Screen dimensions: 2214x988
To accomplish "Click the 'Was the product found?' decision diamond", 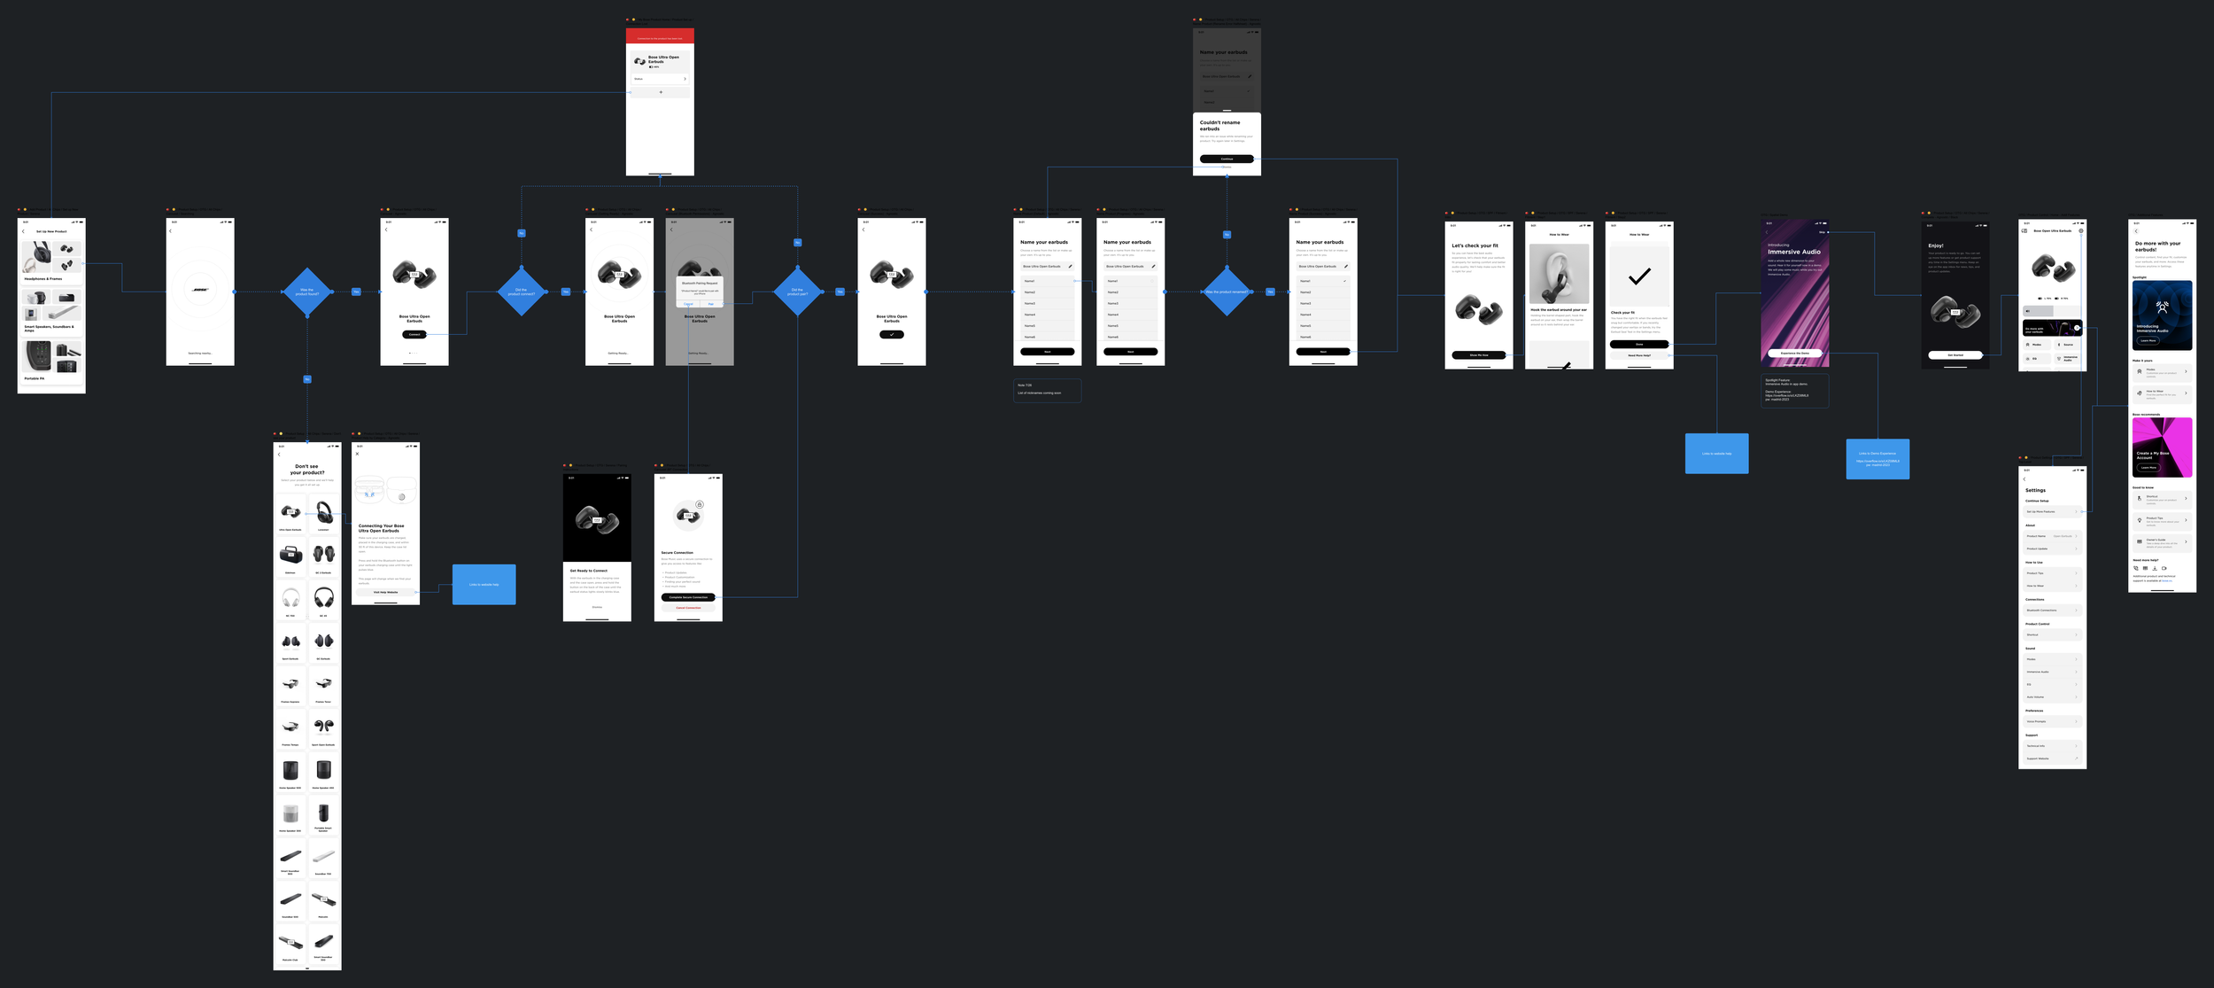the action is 307,292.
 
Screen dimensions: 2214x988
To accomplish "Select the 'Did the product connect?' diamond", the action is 522,292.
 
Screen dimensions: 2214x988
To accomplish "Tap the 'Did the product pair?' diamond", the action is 798,292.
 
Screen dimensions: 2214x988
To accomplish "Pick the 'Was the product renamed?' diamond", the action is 1227,292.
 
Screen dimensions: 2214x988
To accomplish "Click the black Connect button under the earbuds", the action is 414,334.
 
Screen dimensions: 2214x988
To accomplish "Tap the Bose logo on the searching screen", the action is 200,290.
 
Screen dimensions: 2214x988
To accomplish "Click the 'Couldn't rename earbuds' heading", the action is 1220,126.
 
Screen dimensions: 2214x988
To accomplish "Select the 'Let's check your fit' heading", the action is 1475,245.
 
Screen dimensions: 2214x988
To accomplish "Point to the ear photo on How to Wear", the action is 1559,275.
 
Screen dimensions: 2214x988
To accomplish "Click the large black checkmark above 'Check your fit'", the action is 1639,276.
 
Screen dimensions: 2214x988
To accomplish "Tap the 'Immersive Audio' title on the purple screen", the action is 1794,252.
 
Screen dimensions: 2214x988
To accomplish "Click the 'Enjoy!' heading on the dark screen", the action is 1936,245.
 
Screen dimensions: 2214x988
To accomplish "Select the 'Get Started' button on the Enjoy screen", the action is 1955,354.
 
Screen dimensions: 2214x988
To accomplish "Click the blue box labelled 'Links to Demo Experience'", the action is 1877,459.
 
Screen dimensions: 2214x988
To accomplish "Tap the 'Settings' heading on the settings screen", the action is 2035,490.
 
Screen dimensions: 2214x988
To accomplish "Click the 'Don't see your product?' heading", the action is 306,469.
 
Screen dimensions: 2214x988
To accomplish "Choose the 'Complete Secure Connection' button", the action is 688,597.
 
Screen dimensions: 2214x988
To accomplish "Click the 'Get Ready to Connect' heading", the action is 589,571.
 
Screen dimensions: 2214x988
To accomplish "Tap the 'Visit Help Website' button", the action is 386,592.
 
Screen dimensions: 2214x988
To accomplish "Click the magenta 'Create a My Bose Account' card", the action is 2162,447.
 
